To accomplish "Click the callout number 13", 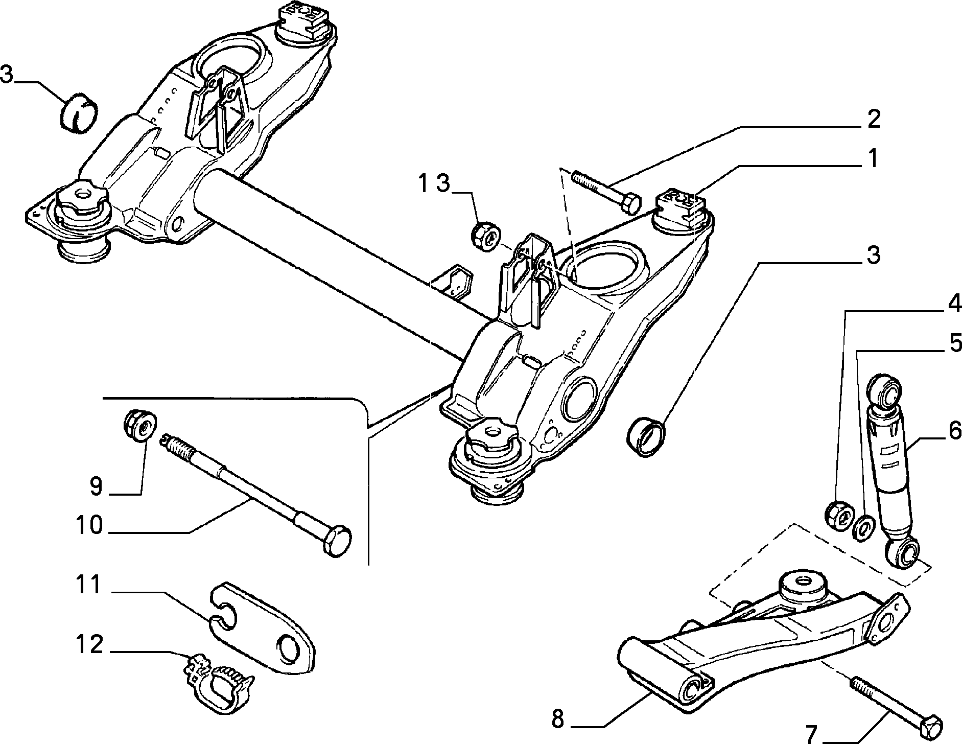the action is click(x=434, y=183).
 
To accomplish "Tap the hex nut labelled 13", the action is click(x=485, y=236).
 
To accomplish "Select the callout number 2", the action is click(x=873, y=120).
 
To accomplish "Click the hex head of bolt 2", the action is click(x=629, y=204).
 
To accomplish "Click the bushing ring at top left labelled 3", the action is click(x=80, y=114).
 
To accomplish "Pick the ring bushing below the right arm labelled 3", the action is click(x=647, y=437).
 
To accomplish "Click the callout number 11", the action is click(x=89, y=585).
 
